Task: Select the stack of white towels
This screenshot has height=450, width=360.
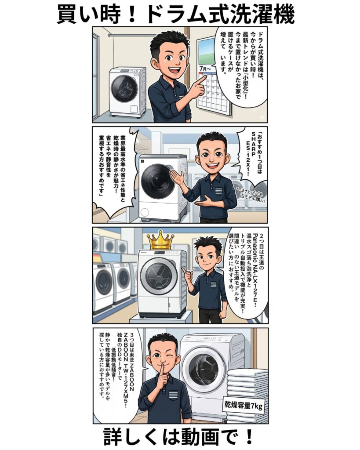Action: tap(247, 396)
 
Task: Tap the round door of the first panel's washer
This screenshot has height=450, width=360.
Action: tap(124, 87)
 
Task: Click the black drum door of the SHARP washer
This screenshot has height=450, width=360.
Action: tap(158, 181)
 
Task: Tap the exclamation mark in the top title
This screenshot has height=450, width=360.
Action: tap(135, 15)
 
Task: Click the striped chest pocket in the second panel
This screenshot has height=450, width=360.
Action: tap(219, 191)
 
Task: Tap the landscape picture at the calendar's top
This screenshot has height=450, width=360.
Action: tap(207, 53)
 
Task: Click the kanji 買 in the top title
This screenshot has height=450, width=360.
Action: tap(67, 15)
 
